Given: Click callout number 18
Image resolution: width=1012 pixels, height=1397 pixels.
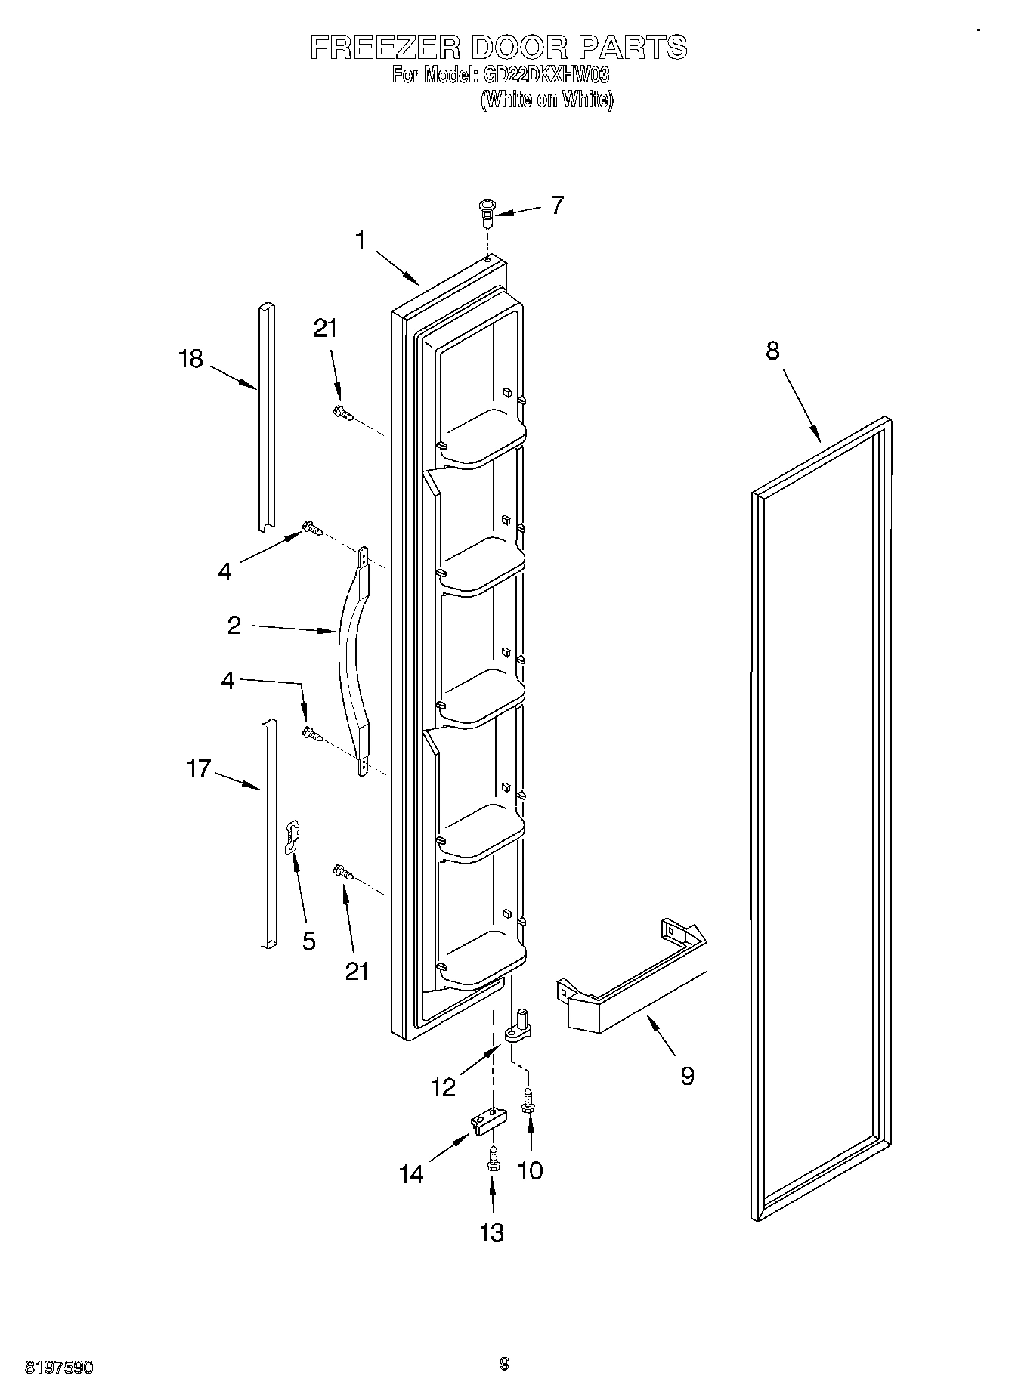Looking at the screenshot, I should click(190, 358).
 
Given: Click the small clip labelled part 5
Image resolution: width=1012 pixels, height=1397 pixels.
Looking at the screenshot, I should click(292, 836).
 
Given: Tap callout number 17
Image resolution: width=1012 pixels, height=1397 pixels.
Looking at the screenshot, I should click(198, 769).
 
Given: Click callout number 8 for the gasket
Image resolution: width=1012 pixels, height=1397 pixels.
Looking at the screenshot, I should click(772, 351).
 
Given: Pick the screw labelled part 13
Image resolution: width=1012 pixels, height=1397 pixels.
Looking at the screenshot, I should click(493, 1160).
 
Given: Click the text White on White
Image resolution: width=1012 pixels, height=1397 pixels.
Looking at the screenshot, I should click(546, 99).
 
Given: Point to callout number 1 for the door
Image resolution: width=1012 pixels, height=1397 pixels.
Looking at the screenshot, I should click(361, 241).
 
